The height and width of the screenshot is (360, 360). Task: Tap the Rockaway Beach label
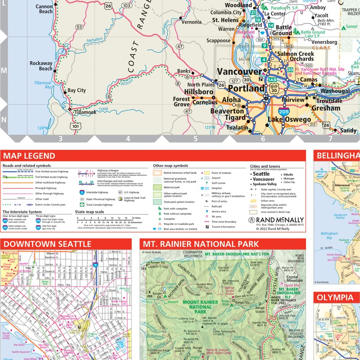41,66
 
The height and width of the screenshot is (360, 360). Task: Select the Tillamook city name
85,112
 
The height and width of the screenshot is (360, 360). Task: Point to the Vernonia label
192,22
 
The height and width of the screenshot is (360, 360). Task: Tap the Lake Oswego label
289,120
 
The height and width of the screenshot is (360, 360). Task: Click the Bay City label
76,90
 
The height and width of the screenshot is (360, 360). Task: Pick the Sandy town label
347,130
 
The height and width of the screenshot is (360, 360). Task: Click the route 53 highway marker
79,27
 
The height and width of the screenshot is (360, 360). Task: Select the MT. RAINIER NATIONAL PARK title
200,244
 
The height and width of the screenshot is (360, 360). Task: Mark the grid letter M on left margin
4,71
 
